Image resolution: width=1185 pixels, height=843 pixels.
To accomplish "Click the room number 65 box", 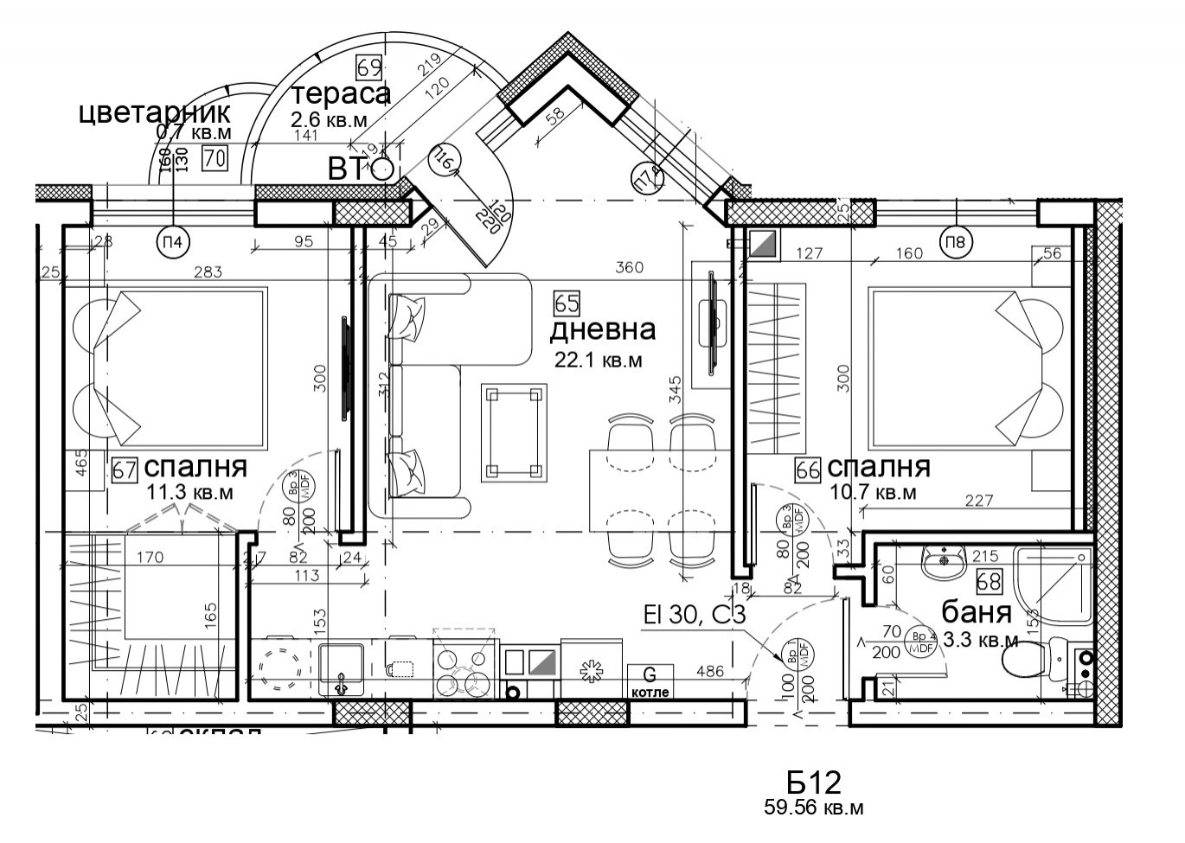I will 567,303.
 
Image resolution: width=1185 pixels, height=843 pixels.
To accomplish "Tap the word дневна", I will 603,329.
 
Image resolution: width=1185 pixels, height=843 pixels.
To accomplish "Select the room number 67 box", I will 125,469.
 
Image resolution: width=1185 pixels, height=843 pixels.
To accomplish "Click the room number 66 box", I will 808,469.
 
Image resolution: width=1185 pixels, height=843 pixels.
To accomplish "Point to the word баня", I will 976,613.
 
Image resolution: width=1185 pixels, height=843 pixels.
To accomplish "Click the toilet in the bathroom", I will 1034,661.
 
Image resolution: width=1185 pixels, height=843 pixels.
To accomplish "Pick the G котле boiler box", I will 650,680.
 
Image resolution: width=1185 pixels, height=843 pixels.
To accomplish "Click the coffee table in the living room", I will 516,432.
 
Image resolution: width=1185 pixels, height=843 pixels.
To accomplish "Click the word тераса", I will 341,93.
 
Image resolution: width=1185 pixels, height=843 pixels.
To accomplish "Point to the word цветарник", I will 155,112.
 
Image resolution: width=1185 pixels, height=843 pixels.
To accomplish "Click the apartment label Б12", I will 813,782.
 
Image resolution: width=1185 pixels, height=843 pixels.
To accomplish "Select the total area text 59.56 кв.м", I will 813,809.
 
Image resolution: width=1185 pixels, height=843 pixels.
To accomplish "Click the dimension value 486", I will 711,670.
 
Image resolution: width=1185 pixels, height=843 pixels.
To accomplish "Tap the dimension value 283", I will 208,271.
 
